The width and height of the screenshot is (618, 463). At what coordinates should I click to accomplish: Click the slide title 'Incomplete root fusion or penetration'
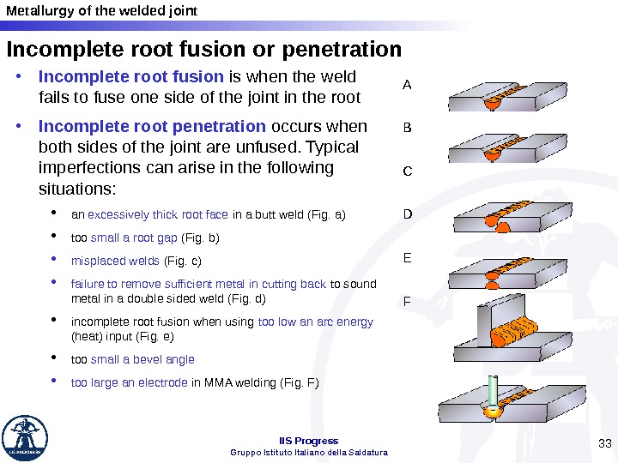tap(204, 46)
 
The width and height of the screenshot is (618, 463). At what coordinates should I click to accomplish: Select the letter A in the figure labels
tap(407, 85)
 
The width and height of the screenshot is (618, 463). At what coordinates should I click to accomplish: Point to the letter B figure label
tap(407, 129)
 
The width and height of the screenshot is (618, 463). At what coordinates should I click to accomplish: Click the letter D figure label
tap(407, 214)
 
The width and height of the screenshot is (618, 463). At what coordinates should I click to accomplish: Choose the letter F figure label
tap(407, 302)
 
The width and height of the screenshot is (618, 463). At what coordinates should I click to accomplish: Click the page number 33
tap(603, 442)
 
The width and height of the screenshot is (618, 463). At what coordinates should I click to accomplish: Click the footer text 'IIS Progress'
tap(309, 441)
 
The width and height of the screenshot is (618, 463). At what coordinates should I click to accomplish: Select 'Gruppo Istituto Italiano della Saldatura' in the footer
tap(309, 452)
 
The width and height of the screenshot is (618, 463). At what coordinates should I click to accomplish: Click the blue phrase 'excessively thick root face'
tap(158, 214)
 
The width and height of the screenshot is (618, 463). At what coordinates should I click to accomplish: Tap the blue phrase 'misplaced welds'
tap(115, 261)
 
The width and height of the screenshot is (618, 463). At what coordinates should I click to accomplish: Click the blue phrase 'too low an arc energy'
tap(315, 322)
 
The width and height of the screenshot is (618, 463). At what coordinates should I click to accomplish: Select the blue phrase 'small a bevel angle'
tap(142, 359)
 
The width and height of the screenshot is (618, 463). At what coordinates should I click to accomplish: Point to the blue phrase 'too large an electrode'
tap(129, 382)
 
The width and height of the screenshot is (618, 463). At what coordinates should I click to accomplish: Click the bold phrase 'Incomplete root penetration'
tap(152, 127)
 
